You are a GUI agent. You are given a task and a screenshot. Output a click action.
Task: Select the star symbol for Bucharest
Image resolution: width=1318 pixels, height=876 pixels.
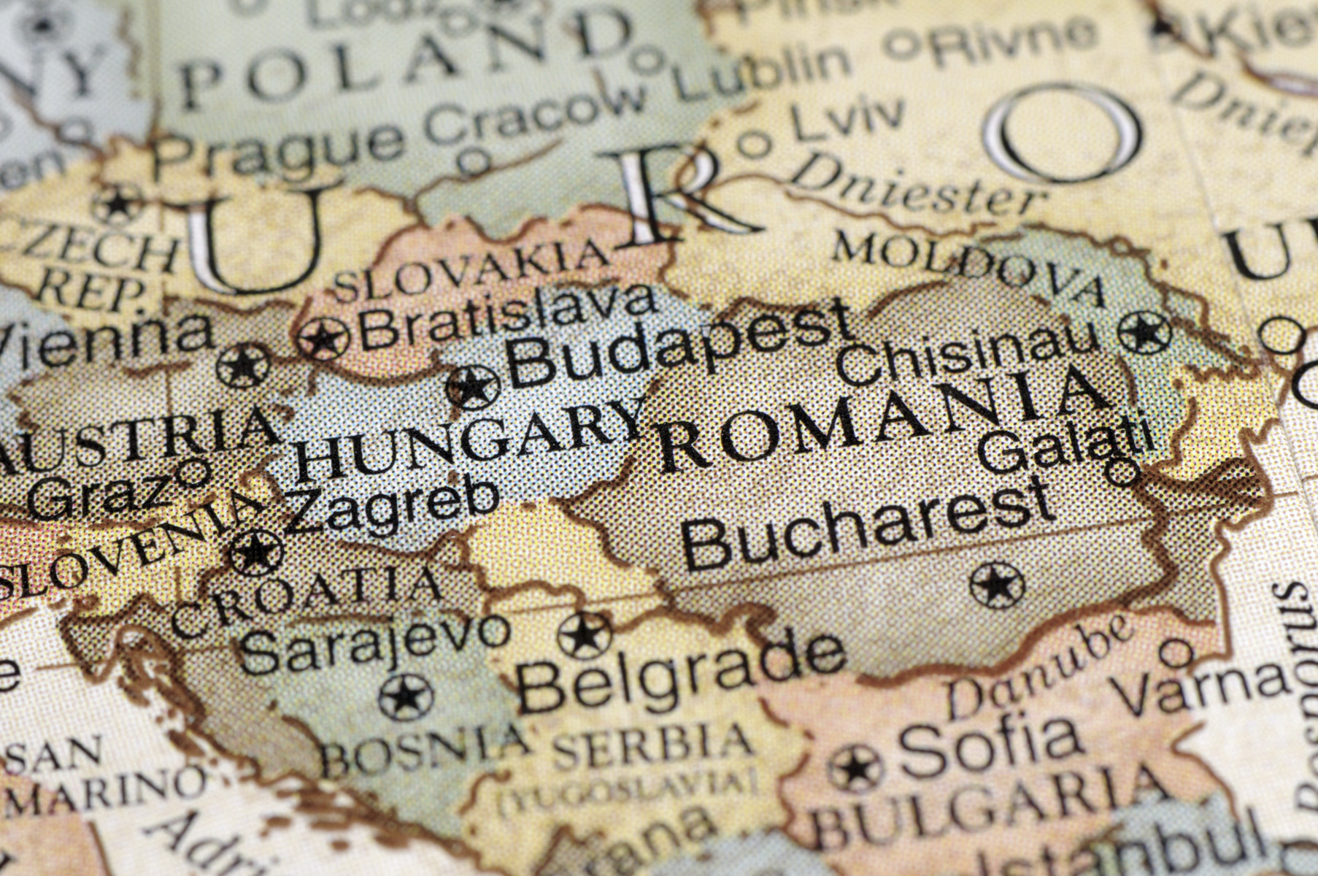pos(997,585)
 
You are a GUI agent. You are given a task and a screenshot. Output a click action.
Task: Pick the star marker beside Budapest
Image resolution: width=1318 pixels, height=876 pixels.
pos(473,387)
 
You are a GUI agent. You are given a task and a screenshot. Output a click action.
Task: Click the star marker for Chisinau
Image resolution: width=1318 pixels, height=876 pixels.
pos(1144,333)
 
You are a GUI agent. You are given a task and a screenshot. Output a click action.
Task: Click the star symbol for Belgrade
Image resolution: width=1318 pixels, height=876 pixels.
pos(585,635)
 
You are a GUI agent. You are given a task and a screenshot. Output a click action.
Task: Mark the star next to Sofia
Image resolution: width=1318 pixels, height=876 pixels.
pos(856,769)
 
